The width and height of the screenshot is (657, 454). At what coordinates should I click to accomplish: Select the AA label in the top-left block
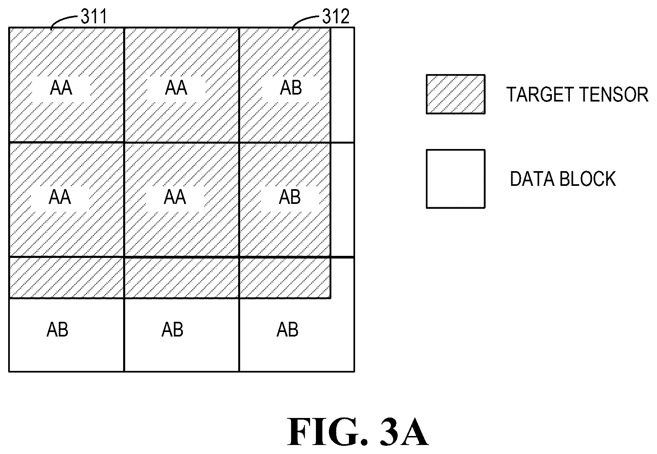61,88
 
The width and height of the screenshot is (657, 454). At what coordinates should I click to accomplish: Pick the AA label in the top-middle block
176,88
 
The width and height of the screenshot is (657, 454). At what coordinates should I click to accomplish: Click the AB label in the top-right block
291,88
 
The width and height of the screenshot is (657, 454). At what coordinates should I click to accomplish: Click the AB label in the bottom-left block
58,329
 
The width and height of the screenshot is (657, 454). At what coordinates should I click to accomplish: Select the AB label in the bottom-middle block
173,329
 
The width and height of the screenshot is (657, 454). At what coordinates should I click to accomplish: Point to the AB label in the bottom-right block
288,329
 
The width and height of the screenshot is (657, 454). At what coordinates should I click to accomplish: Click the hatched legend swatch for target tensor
455,94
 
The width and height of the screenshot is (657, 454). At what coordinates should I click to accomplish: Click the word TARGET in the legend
541,95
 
